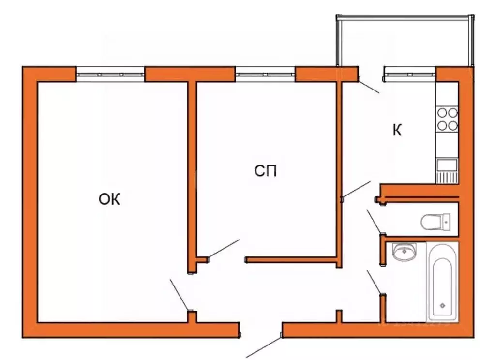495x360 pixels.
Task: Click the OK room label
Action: point(109,199)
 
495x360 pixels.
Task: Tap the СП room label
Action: point(266,171)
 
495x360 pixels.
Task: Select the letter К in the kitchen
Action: point(397,131)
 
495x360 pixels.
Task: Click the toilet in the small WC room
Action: point(436,222)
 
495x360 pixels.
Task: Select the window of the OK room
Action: point(110,75)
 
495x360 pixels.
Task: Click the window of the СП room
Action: point(265,75)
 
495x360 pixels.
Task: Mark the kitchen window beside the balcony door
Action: point(409,74)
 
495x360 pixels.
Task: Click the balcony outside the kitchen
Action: point(404,41)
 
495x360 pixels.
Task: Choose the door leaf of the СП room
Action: point(223,249)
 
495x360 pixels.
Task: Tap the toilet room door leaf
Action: point(374,221)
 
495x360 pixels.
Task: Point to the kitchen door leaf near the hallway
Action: point(356,189)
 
